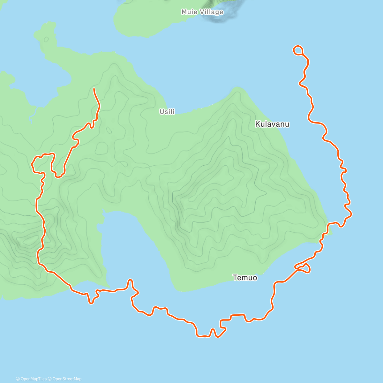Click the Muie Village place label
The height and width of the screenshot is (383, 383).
point(202,12)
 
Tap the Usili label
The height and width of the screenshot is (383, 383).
point(167,112)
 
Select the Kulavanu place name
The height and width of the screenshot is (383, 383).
point(272,124)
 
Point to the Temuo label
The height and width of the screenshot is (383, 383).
point(245,278)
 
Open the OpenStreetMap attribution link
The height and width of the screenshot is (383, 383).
point(67,379)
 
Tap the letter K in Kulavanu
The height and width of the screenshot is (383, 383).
point(257,124)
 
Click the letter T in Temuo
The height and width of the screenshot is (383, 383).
point(235,278)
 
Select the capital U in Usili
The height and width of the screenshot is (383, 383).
point(161,112)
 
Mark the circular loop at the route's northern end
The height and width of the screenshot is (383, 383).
point(298,50)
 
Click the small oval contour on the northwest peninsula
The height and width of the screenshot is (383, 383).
point(46,40)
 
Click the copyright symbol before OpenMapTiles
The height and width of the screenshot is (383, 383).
point(18,379)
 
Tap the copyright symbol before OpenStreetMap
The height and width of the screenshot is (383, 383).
point(50,379)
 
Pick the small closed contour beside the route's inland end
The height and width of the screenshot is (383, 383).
point(109,130)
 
